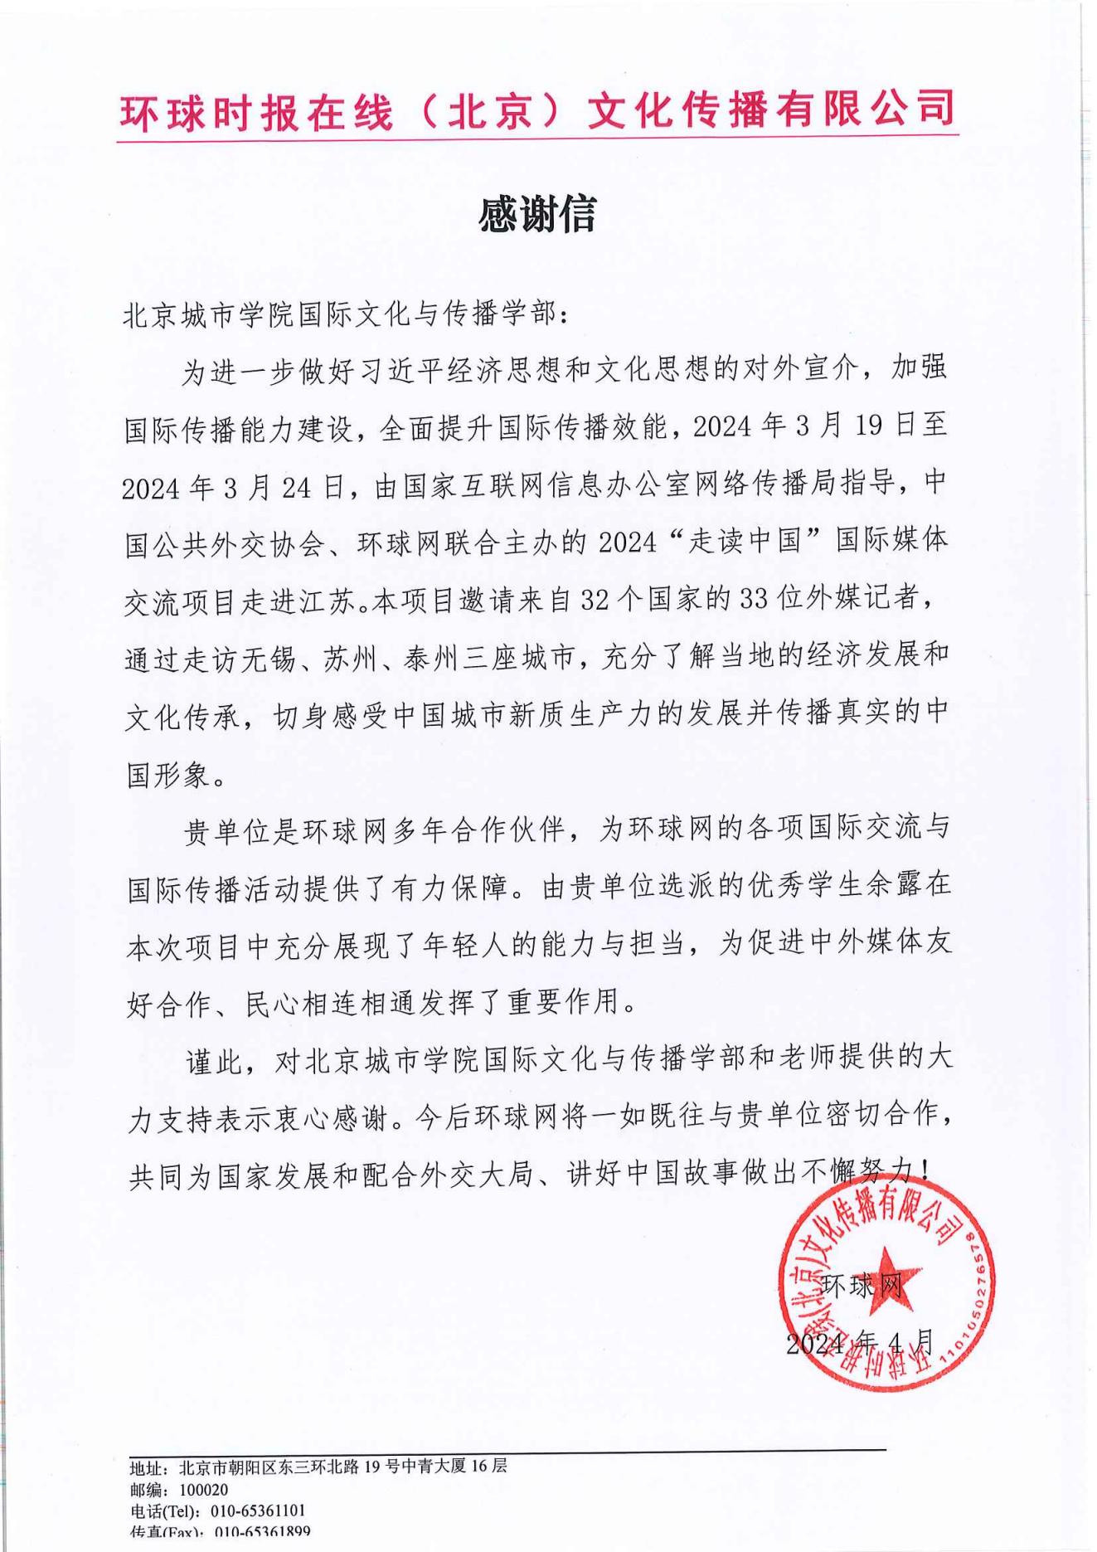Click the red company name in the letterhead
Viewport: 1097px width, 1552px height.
(537, 110)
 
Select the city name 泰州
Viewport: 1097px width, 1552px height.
(427, 659)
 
